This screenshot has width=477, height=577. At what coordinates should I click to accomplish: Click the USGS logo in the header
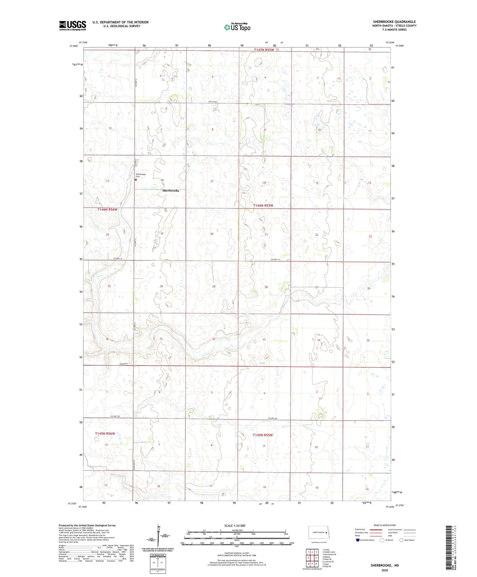pyautogui.click(x=73, y=25)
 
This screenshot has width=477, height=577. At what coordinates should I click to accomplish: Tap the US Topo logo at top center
pyautogui.click(x=237, y=27)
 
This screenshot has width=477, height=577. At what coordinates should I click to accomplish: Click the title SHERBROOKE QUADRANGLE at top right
pyautogui.click(x=394, y=22)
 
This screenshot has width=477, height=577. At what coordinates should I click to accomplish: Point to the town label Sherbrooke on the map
pyautogui.click(x=171, y=191)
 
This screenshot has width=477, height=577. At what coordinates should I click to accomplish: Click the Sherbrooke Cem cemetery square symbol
pyautogui.click(x=136, y=180)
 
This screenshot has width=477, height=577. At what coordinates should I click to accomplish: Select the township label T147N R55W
pyautogui.click(x=264, y=50)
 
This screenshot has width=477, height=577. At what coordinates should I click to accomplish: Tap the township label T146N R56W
pyautogui.click(x=107, y=209)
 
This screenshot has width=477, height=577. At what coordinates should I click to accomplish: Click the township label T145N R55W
pyautogui.click(x=263, y=435)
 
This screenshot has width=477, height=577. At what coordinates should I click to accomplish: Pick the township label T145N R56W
pyautogui.click(x=105, y=433)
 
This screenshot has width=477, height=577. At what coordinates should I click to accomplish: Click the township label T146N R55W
pyautogui.click(x=263, y=206)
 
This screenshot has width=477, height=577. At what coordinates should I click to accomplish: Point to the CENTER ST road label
pyautogui.click(x=124, y=364)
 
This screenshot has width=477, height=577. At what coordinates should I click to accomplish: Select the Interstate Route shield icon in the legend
pyautogui.click(x=358, y=540)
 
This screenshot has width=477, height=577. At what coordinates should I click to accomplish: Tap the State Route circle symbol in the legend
pyautogui.click(x=401, y=540)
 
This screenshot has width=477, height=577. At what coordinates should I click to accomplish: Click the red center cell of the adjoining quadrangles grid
pyautogui.click(x=312, y=558)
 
